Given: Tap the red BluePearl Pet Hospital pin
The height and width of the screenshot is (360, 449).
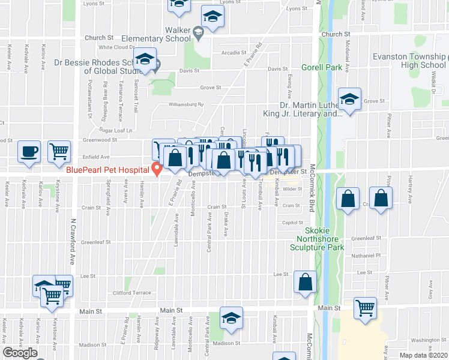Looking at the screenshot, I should coord(157,170).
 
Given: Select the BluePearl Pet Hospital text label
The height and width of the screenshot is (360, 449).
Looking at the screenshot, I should coord(108,170).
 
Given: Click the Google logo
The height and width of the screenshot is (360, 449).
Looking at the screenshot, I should coord(20,353).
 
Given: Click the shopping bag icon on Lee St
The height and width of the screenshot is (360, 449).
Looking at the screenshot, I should coord(306,281).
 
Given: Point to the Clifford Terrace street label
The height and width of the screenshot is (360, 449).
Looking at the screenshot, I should coord(132,293).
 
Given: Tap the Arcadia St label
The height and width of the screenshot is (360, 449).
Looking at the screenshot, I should coord(231,53).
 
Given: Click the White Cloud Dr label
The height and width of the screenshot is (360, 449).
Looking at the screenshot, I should coord(116,47).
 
